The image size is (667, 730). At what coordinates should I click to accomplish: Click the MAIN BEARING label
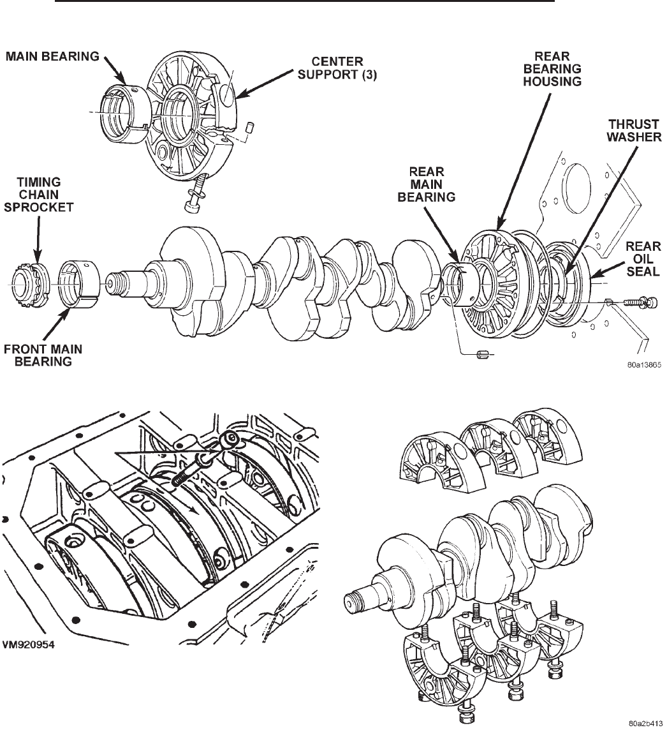pyautogui.click(x=52, y=57)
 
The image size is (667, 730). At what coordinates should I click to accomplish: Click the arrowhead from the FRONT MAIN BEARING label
pyautogui.click(x=70, y=308)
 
